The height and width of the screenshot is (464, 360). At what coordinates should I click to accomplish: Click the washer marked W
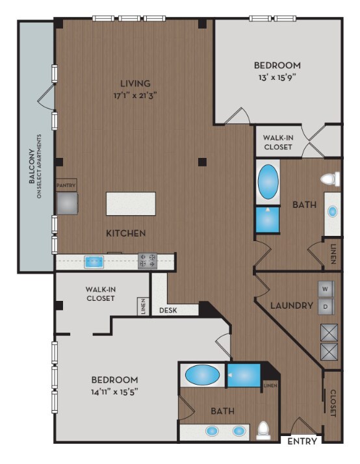click(326, 289)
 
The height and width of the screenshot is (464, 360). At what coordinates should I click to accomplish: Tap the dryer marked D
click(326, 307)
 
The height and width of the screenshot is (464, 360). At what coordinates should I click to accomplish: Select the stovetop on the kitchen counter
click(148, 261)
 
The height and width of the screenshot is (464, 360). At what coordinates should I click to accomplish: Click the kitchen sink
click(94, 262)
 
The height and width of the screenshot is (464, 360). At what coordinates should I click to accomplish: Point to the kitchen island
click(131, 203)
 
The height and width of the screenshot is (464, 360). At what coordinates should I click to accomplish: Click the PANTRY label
click(66, 185)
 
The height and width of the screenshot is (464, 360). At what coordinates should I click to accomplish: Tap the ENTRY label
click(302, 441)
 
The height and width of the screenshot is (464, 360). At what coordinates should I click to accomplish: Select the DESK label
click(168, 310)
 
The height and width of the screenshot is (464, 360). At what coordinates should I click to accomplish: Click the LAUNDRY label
click(292, 305)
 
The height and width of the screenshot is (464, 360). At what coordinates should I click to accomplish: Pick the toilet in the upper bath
click(330, 179)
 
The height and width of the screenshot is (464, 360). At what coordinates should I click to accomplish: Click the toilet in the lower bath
click(263, 431)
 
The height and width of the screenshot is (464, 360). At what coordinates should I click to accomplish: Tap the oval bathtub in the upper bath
click(268, 182)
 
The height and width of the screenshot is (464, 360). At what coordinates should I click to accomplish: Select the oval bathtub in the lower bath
click(203, 375)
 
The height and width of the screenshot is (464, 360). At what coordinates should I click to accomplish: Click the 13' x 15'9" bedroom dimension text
click(277, 77)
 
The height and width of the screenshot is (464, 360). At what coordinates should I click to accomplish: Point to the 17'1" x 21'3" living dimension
click(135, 96)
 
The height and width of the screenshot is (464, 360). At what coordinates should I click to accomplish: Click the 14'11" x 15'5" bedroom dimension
click(114, 392)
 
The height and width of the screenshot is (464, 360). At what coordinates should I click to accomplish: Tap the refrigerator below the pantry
click(67, 203)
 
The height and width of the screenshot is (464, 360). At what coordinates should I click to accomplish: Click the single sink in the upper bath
click(333, 212)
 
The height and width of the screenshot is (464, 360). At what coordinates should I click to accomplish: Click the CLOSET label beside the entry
click(333, 403)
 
